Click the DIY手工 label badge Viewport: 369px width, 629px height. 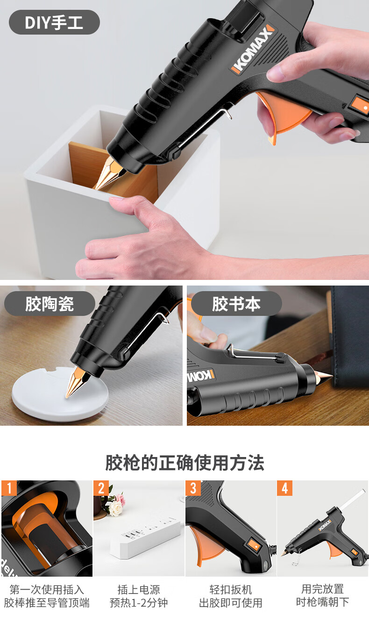tap(54, 22)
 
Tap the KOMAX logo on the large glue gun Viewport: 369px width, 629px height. tap(253, 49)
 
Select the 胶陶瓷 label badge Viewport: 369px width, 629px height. tap(50, 304)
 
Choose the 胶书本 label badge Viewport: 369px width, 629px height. tap(236, 304)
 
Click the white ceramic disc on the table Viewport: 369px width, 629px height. tap(60, 394)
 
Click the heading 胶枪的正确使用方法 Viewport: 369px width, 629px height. tap(184, 463)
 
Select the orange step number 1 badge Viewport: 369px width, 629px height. tap(9, 488)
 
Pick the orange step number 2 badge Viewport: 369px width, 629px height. tap(101, 488)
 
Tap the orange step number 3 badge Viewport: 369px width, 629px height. tap(193, 488)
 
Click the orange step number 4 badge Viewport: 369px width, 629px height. tap(285, 488)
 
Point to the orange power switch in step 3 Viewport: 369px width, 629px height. tap(255, 545)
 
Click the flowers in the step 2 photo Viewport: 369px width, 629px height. tap(114, 501)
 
